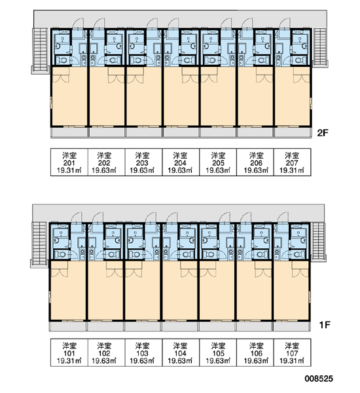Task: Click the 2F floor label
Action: coord(323,133)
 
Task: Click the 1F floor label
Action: coord(325,325)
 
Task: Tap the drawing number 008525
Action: coord(319,379)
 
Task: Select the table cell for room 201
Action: coord(69,162)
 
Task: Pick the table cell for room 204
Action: coord(181,162)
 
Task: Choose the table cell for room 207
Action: coord(293,162)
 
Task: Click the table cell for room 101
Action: coord(69,352)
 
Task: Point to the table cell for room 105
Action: coord(218,352)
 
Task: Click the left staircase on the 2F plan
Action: coord(40,51)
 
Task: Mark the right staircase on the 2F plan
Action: coord(321,48)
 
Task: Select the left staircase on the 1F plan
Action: coord(39,244)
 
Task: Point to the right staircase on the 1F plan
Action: coord(319,242)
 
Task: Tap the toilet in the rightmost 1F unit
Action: coord(298,255)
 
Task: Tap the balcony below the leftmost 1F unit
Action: coord(68,326)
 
